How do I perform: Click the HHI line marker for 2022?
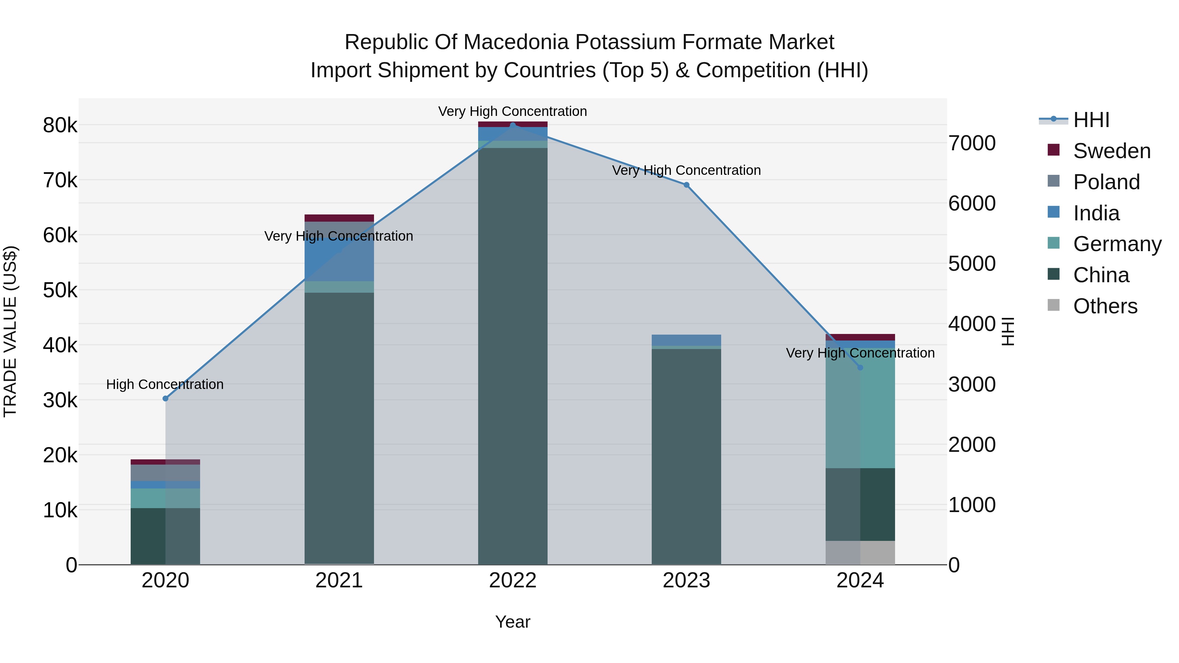pyautogui.click(x=513, y=125)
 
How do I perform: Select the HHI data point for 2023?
pyautogui.click(x=686, y=185)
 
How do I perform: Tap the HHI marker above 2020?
pyautogui.click(x=165, y=398)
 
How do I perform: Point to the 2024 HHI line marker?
pyautogui.click(x=860, y=367)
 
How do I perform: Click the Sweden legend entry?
pyautogui.click(x=1111, y=151)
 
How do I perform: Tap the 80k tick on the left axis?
pyautogui.click(x=60, y=125)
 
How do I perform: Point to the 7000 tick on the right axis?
pyautogui.click(x=972, y=143)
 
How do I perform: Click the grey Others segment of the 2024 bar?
pyautogui.click(x=860, y=553)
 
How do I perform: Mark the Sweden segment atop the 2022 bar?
pyautogui.click(x=513, y=124)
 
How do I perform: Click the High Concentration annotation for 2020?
pyautogui.click(x=165, y=384)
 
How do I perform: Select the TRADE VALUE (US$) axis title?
pyautogui.click(x=10, y=331)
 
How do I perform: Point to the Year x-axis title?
pyautogui.click(x=513, y=622)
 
